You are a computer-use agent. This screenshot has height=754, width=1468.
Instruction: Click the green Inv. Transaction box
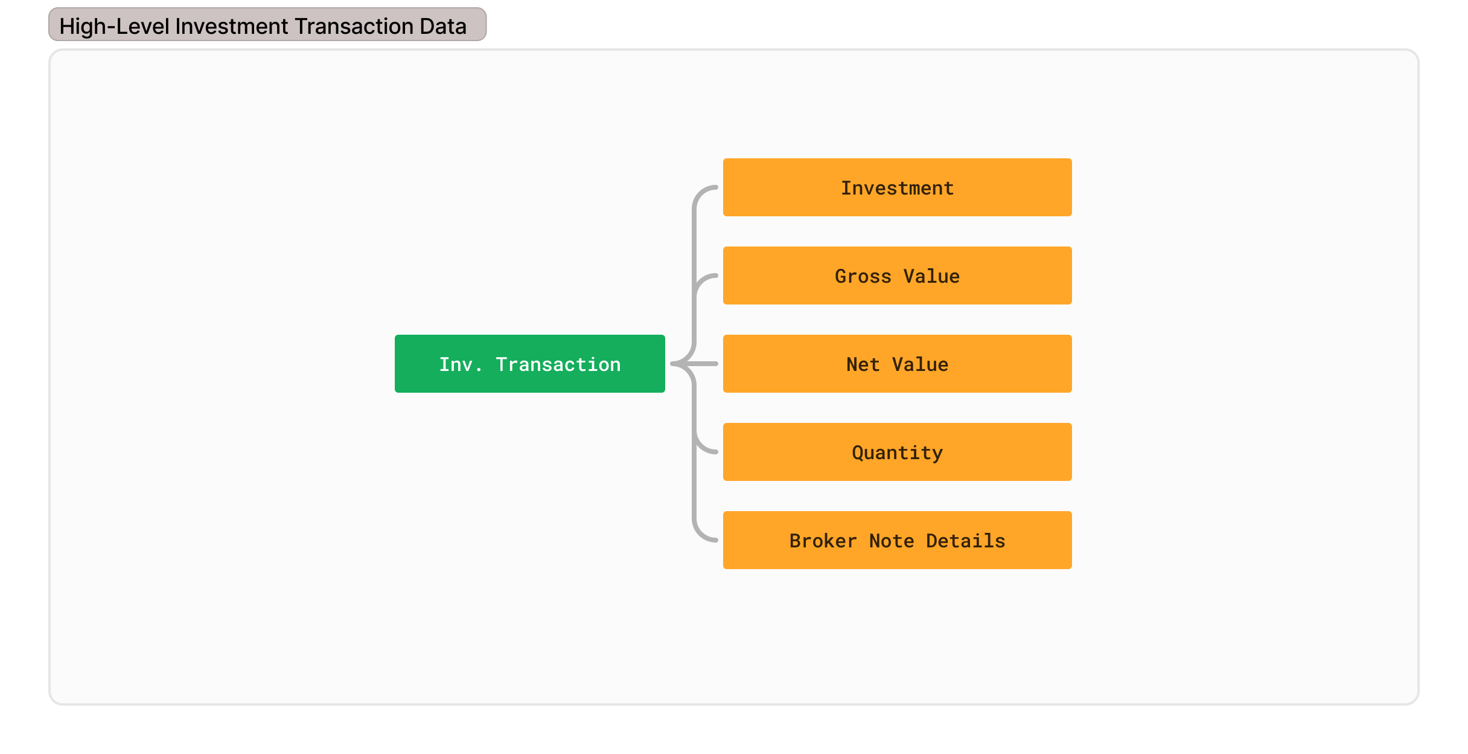point(529,364)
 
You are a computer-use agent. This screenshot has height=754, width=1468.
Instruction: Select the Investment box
point(897,187)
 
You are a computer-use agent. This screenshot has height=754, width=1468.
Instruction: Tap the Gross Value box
point(897,275)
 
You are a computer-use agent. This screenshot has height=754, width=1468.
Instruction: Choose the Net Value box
point(897,364)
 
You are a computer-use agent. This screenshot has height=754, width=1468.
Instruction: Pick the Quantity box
point(897,452)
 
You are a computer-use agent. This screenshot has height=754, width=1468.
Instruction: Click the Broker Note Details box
point(897,540)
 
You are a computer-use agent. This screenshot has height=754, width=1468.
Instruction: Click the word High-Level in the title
point(114,27)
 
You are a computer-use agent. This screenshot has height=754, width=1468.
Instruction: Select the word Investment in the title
point(232,27)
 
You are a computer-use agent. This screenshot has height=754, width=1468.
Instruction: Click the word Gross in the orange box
point(863,276)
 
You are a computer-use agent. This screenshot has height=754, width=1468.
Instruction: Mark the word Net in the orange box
point(863,364)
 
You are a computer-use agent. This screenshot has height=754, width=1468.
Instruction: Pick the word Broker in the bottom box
point(823,541)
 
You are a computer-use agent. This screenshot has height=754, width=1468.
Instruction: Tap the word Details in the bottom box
point(966,541)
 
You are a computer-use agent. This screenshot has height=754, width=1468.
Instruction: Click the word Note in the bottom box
point(892,541)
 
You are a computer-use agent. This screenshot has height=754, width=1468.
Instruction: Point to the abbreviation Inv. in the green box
point(461,364)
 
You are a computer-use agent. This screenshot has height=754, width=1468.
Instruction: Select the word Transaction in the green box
point(558,364)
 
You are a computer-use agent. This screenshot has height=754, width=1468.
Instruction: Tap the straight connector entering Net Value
point(695,364)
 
